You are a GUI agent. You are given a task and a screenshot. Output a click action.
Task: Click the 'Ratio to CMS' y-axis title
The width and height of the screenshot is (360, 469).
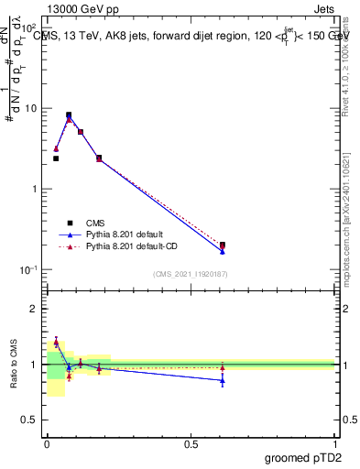click(x=15, y=364)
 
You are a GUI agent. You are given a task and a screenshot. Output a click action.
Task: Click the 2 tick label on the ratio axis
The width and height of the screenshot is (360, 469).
click(x=34, y=309)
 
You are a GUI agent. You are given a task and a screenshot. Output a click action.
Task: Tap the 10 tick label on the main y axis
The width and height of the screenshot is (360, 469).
click(x=31, y=108)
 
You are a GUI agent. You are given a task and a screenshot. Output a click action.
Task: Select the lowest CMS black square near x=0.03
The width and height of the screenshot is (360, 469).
click(x=56, y=158)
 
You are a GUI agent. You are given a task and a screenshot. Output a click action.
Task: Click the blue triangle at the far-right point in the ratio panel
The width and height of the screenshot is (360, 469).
click(x=223, y=380)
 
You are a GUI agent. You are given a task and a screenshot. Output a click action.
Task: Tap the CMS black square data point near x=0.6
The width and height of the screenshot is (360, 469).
click(x=223, y=245)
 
